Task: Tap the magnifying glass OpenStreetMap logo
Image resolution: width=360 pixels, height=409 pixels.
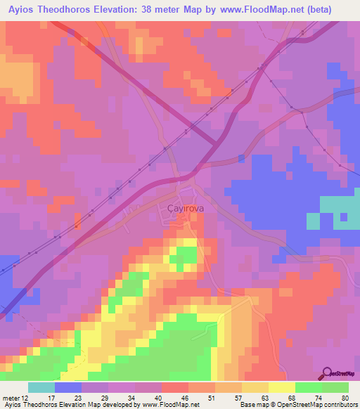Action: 328,373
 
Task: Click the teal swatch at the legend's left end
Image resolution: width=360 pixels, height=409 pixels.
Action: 41,387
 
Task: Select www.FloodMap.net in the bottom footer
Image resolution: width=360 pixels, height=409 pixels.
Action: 173,405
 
